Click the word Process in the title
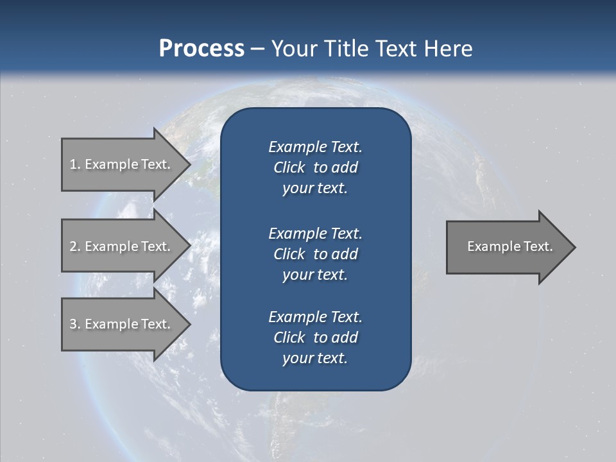tap(201, 49)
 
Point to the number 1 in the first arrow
tap(73, 164)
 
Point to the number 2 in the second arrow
tap(73, 246)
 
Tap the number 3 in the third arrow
tap(73, 324)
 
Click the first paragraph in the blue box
tap(315, 167)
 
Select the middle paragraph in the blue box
tap(315, 254)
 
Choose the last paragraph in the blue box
tap(315, 338)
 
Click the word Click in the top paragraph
tap(289, 168)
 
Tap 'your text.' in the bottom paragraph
tap(315, 359)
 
